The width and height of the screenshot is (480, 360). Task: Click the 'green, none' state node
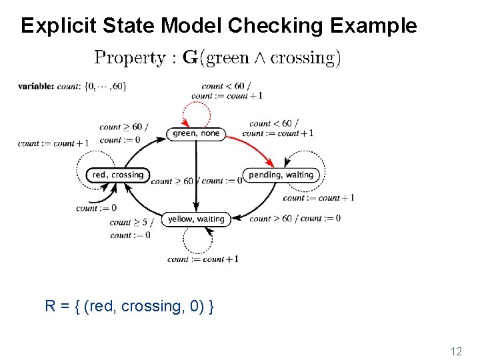point(195,133)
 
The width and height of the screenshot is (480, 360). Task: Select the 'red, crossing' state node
point(117,175)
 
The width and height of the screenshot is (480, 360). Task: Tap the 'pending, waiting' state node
point(281,175)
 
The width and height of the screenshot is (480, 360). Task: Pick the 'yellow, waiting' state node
point(196,219)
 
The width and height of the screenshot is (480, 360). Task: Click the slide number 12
point(455,351)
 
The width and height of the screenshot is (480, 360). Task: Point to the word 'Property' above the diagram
point(131,58)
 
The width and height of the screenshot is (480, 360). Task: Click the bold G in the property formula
point(190,58)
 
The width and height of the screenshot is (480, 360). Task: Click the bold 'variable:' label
point(36,86)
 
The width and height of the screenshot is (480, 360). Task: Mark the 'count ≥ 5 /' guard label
point(131,223)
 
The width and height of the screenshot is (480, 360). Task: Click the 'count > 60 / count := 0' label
point(295,219)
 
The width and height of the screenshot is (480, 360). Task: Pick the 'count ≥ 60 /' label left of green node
point(123,127)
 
